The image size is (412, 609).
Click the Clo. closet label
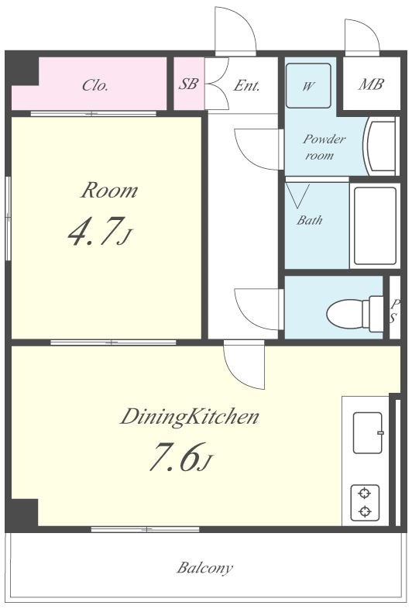(94, 85)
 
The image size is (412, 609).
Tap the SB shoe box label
(188, 84)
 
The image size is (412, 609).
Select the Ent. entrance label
(246, 85)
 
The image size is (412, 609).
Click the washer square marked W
(308, 85)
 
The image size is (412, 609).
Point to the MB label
(371, 84)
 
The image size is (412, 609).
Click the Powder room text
(324, 146)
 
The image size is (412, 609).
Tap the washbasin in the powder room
(380, 146)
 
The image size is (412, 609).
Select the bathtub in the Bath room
(375, 225)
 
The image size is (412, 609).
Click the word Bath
(310, 220)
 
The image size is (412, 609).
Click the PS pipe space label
(394, 311)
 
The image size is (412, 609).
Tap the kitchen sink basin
(368, 432)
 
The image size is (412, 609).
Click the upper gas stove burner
(364, 494)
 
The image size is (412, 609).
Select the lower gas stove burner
(364, 511)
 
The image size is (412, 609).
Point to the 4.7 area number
(100, 232)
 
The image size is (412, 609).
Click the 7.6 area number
(180, 456)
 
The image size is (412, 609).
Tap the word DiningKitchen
(190, 417)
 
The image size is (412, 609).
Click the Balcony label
(204, 568)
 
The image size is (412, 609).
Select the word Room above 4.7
(109, 191)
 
